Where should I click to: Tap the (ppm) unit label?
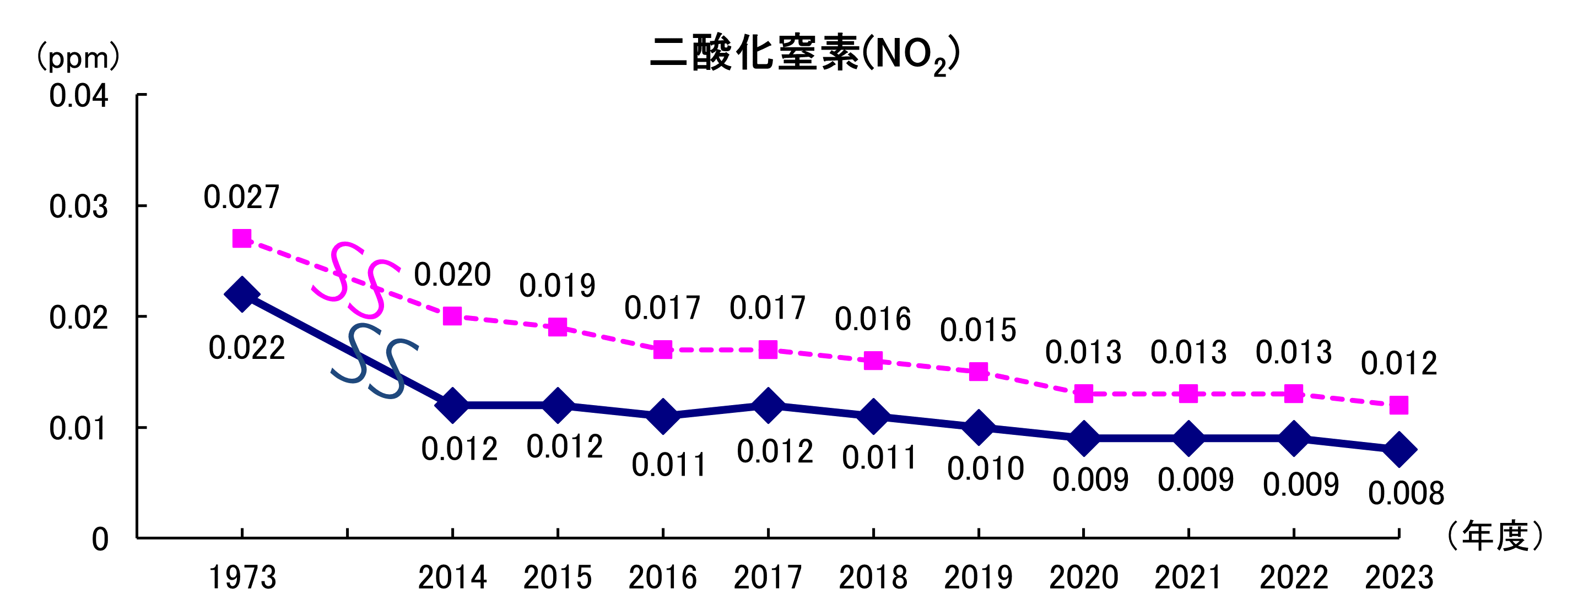[x=78, y=58]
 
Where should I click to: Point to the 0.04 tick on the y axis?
[x=78, y=96]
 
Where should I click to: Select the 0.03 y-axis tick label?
[x=78, y=207]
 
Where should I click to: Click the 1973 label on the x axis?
[x=242, y=577]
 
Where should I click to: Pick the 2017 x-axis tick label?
[x=768, y=577]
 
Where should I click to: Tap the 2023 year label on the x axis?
[x=1399, y=577]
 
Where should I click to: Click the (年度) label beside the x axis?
[x=1495, y=537]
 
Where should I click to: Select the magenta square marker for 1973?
[x=242, y=238]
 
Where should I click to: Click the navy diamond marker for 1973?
[x=242, y=294]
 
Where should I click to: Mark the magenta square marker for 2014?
[x=452, y=316]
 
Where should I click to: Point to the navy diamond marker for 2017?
[x=768, y=405]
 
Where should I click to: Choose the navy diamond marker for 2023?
[x=1399, y=449]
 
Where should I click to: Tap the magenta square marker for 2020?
[x=1084, y=393]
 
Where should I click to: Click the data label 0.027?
[x=241, y=198]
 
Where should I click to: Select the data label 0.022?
[x=246, y=348]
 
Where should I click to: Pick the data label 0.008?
[x=1406, y=493]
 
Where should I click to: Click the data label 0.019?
[x=557, y=286]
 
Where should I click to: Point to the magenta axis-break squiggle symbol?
[x=355, y=280]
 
